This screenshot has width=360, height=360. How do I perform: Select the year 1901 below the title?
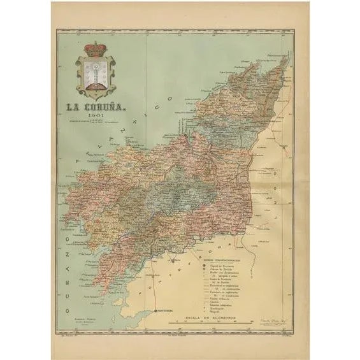(97, 117)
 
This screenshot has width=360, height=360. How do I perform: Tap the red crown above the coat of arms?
(96, 49)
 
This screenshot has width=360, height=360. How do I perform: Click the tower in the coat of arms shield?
(96, 74)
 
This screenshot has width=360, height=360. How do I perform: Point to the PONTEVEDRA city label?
(168, 312)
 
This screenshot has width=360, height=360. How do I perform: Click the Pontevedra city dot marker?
(156, 310)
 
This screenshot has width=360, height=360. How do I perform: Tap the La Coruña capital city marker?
(185, 136)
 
